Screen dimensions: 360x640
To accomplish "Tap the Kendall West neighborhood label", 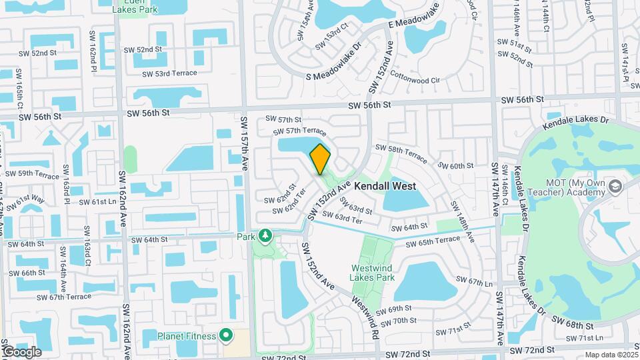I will (x=385, y=187).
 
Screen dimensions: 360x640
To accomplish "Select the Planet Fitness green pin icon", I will (x=226, y=335).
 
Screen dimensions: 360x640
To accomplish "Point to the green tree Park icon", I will (x=265, y=236).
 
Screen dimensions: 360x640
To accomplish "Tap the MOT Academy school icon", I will (x=614, y=186).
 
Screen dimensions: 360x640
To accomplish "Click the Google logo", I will (x=22, y=351).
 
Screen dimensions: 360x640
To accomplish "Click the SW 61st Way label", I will (x=30, y=198).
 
